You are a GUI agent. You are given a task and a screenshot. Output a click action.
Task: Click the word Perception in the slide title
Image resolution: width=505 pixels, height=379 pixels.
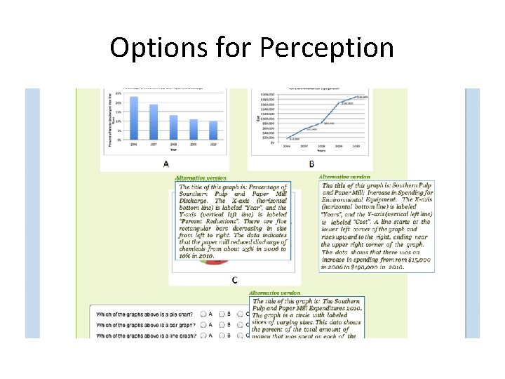[x=326, y=48]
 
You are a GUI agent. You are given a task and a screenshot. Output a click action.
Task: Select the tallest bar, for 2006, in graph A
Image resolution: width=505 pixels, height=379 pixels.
[x=134, y=118]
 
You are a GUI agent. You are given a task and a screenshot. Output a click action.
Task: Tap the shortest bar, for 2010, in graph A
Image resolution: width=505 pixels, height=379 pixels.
[x=213, y=131]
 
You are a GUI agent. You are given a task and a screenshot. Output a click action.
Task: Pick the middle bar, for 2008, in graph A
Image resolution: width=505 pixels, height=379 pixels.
[x=174, y=127]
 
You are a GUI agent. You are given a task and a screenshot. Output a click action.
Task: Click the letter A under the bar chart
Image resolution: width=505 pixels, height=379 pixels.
[x=166, y=164]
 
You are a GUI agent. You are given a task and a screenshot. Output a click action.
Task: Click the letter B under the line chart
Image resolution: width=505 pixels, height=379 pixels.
[x=311, y=164]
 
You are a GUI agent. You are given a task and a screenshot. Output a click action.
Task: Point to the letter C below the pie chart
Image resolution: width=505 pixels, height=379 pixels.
[x=234, y=280]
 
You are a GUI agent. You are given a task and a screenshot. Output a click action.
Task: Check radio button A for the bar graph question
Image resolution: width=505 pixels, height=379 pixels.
[x=203, y=324]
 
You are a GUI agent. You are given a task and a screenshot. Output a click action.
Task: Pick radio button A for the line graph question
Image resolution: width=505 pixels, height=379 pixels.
[x=203, y=335]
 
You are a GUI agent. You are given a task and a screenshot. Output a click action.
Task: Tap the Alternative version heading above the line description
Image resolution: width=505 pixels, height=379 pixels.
[x=344, y=177]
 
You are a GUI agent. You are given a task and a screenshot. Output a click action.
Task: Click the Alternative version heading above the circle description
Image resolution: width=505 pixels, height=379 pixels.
[x=274, y=293]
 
